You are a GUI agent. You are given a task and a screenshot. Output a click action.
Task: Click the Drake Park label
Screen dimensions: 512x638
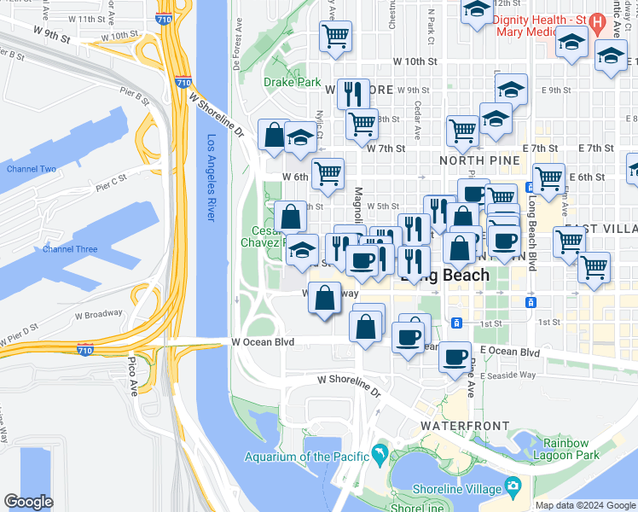(x=292, y=83)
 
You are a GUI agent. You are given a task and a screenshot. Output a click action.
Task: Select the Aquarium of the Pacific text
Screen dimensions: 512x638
(x=304, y=456)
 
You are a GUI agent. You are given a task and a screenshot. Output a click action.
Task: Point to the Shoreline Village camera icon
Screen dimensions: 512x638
(x=513, y=488)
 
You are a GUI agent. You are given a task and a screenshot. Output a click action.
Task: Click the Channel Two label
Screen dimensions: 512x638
(x=32, y=169)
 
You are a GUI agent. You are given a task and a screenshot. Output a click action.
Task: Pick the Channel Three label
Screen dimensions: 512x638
(x=70, y=249)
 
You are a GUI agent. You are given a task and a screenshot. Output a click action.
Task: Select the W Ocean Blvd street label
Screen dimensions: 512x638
(x=263, y=342)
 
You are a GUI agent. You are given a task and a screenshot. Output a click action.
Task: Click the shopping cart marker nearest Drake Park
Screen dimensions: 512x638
(x=336, y=37)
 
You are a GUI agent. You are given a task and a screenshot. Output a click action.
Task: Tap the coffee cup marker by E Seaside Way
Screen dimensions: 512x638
(x=455, y=356)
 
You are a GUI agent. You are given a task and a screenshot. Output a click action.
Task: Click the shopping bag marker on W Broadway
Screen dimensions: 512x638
(x=324, y=300)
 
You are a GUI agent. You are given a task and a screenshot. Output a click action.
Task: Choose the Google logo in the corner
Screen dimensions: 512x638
(x=28, y=502)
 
